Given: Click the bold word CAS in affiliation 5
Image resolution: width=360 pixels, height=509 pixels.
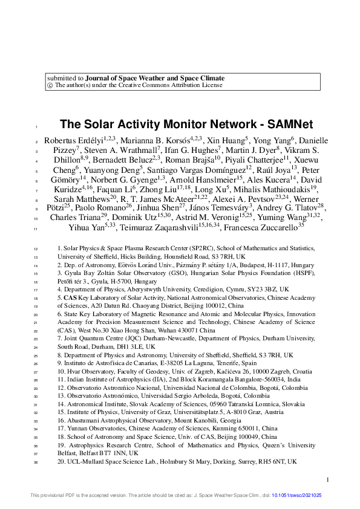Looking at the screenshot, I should pyautogui.click(x=70, y=297).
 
